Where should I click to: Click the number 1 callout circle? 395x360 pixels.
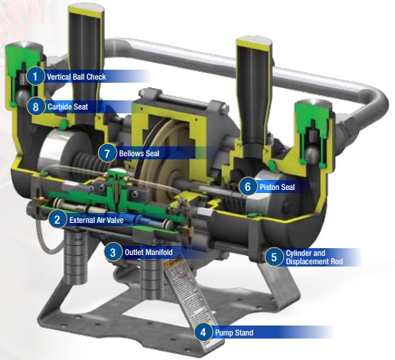34,76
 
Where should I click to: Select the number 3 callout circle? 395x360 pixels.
112,251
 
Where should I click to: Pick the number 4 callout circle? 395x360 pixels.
202,332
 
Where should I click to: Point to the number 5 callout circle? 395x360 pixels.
274,256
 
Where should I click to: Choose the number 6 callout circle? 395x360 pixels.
246,185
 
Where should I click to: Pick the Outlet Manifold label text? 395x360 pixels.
150,252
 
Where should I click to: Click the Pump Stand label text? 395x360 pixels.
233,332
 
